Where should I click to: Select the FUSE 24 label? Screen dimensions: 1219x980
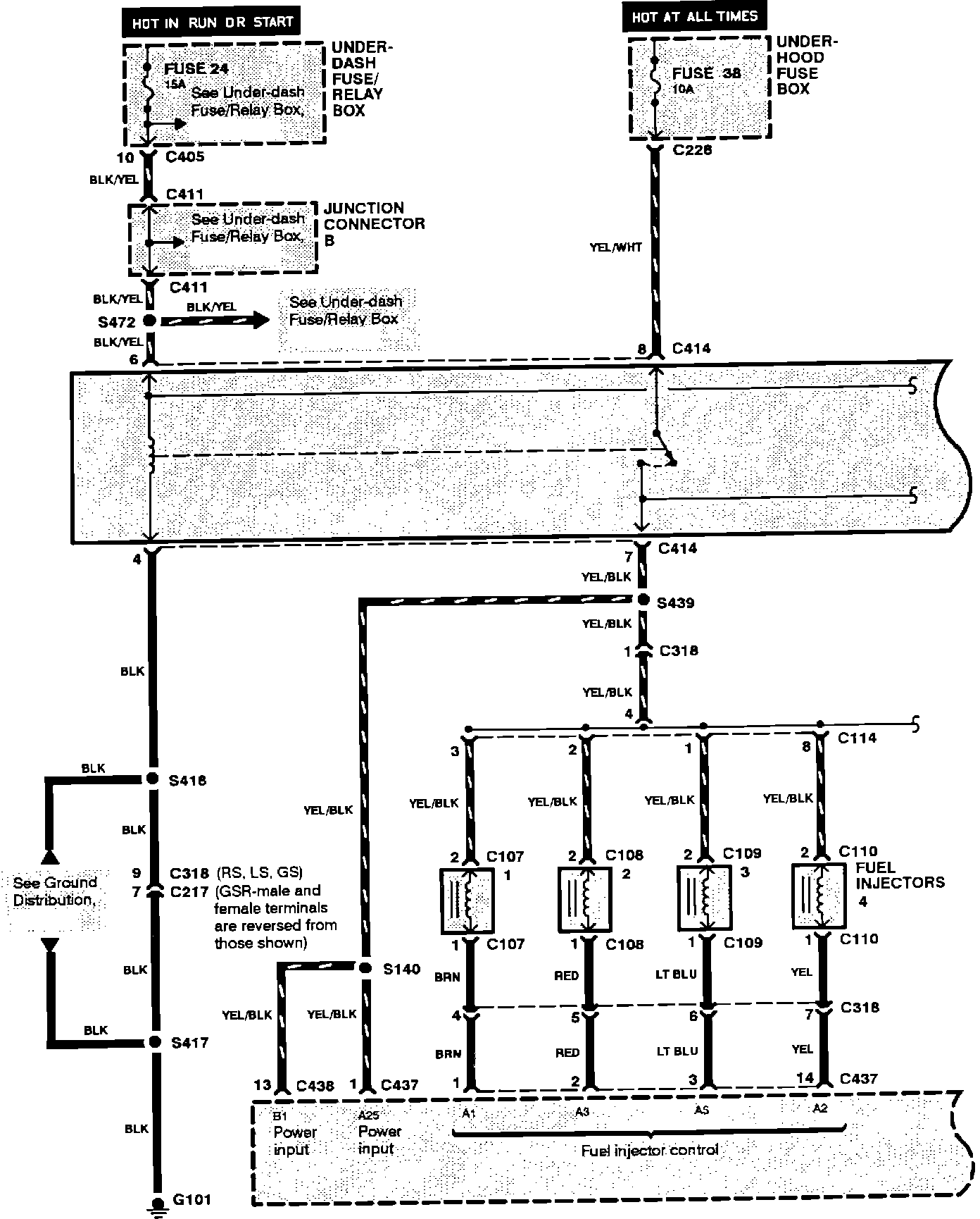click(196, 69)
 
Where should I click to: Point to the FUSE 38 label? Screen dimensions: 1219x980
click(706, 73)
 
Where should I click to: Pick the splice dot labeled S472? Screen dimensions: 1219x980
click(149, 321)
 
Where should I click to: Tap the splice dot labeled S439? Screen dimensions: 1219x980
click(643, 600)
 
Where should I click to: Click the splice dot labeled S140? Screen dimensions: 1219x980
click(365, 968)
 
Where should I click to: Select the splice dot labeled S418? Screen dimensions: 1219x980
click(153, 779)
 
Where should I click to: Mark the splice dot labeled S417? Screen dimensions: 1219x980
click(153, 1042)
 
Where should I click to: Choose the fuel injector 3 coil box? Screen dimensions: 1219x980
click(702, 898)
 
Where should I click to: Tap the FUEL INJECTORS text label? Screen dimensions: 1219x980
click(900, 875)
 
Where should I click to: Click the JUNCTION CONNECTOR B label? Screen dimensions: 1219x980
click(374, 223)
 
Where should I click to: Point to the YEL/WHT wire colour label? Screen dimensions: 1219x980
click(617, 247)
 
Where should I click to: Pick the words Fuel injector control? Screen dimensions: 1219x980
click(649, 1151)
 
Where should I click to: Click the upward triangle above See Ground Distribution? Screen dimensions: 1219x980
click(49, 856)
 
